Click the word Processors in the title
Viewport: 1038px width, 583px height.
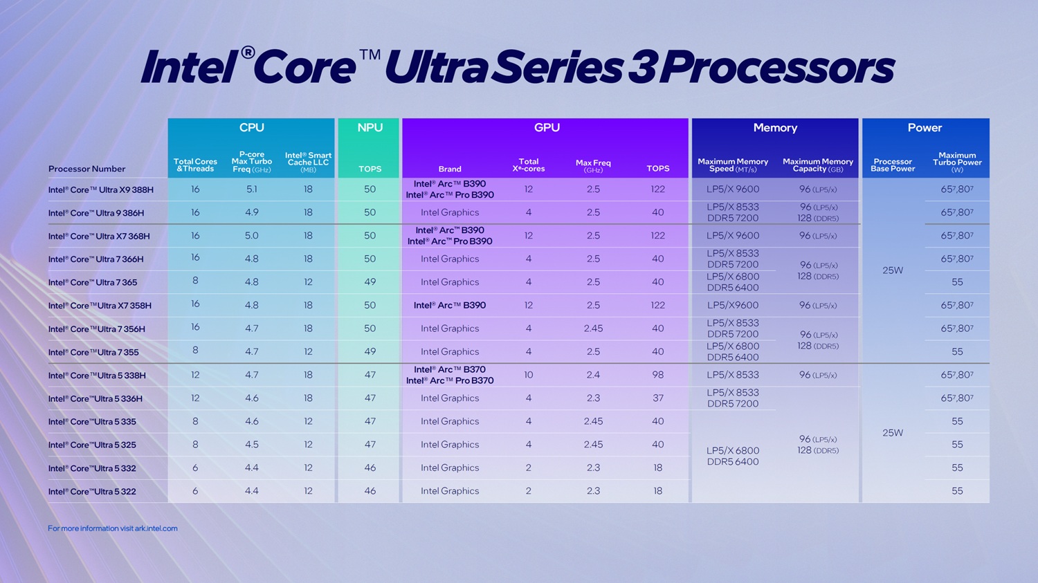pyautogui.click(x=776, y=68)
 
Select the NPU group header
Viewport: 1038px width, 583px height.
pyautogui.click(x=370, y=128)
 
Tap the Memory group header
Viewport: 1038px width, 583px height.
pyautogui.click(x=775, y=128)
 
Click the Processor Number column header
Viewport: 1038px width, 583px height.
pyautogui.click(x=86, y=169)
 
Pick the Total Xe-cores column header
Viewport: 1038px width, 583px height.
pyautogui.click(x=528, y=165)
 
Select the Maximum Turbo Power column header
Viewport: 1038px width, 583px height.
pyautogui.click(x=957, y=163)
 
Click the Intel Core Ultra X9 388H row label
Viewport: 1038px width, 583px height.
pyautogui.click(x=101, y=189)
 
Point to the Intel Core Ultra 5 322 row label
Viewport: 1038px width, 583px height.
pyautogui.click(x=92, y=492)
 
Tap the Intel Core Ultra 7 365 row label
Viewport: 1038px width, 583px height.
pyautogui.click(x=93, y=282)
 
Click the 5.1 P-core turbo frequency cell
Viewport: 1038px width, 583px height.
pyautogui.click(x=251, y=189)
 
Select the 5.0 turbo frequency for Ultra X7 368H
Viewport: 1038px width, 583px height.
pyautogui.click(x=251, y=236)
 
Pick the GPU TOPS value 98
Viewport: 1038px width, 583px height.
pyautogui.click(x=657, y=375)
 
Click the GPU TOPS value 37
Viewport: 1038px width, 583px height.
pyautogui.click(x=657, y=398)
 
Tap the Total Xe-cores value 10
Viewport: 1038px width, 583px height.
pyautogui.click(x=528, y=375)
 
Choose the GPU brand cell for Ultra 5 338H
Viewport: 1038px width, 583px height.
pyautogui.click(x=450, y=375)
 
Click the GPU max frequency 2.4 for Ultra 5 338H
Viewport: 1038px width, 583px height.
pyautogui.click(x=593, y=375)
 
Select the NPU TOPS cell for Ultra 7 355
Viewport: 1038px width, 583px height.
pyautogui.click(x=370, y=352)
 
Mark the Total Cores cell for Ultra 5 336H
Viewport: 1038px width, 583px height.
pyautogui.click(x=195, y=398)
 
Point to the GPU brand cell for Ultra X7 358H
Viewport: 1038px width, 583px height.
pyautogui.click(x=450, y=306)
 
